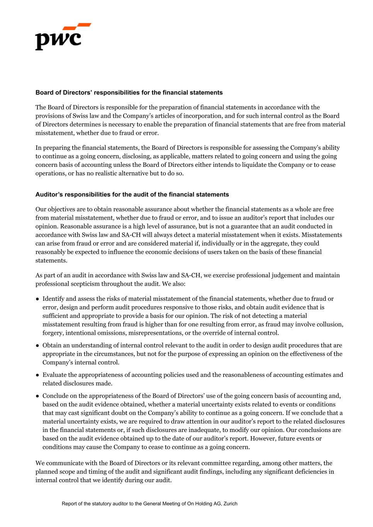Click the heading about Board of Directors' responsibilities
(x=129, y=93)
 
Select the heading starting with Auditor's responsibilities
(x=132, y=195)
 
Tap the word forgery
(x=53, y=333)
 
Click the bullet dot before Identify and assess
(x=38, y=299)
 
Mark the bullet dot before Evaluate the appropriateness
(x=38, y=375)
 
